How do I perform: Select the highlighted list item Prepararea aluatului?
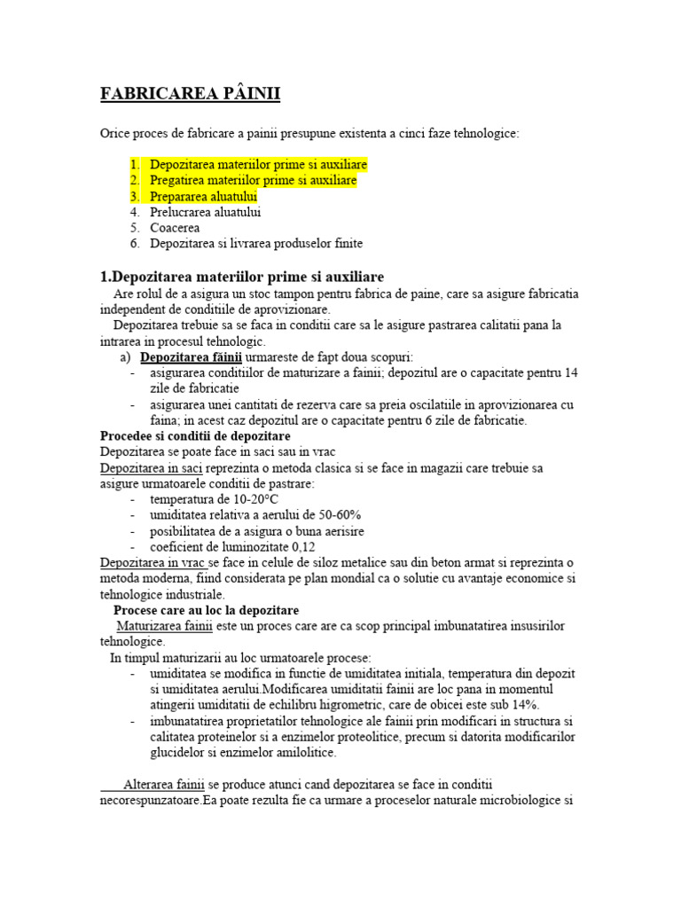point(203,196)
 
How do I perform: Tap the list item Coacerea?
point(175,228)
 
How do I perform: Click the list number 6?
point(134,244)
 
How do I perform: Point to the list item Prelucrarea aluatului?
point(206,212)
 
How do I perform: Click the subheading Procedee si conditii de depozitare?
point(196,436)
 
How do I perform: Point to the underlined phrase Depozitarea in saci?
point(150,468)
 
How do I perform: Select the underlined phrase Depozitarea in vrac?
point(153,564)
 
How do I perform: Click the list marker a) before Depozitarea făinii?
point(125,356)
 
